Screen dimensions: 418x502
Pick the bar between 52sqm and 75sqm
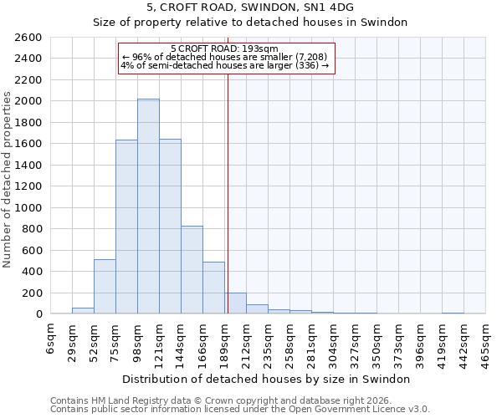coord(105,287)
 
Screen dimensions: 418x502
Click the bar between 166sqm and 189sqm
coord(213,288)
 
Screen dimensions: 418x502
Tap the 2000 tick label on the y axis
coord(28,101)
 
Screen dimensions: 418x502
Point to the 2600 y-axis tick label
coord(28,38)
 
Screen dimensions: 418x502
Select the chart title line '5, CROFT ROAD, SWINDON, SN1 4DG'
coord(250,7)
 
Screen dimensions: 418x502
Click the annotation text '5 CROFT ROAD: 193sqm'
coord(226,49)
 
